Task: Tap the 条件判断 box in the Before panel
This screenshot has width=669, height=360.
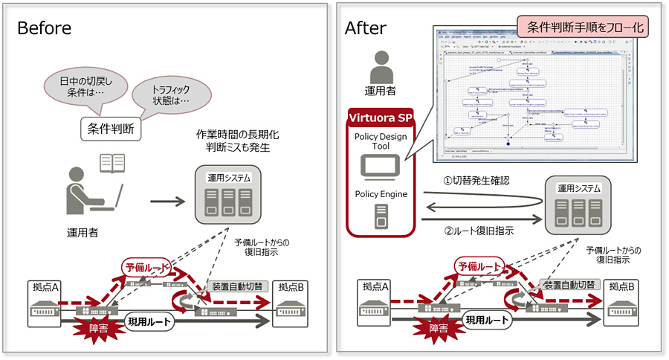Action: click(111, 129)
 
